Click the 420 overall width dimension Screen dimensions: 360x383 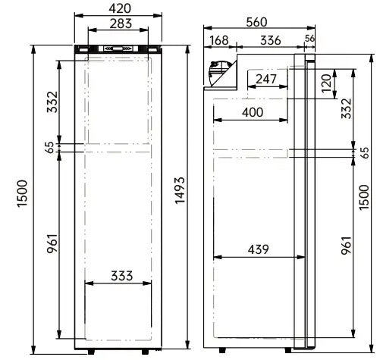pyautogui.click(x=119, y=8)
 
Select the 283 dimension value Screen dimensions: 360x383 pyautogui.click(x=119, y=23)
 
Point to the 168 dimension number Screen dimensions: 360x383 pyautogui.click(x=218, y=39)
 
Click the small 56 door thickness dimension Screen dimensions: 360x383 pyautogui.click(x=309, y=39)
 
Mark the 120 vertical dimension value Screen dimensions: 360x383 pyautogui.click(x=327, y=84)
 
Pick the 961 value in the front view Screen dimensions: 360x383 pyautogui.click(x=52, y=245)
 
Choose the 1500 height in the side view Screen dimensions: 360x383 pyautogui.click(x=365, y=196)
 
